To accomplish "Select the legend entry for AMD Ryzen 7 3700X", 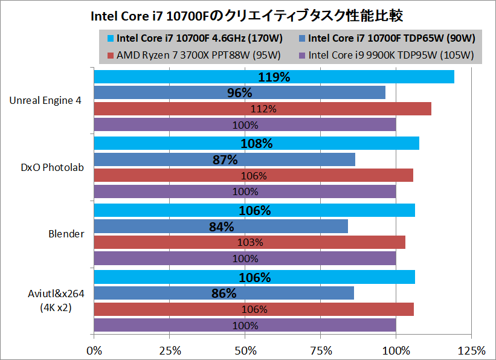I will click(x=193, y=56).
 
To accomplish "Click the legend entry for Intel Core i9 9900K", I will click(x=386, y=56).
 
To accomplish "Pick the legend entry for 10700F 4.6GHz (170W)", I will click(x=194, y=39).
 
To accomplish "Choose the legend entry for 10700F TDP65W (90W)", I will click(x=387, y=39).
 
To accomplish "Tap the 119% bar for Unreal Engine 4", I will click(x=274, y=77).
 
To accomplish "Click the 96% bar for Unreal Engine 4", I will click(x=239, y=92).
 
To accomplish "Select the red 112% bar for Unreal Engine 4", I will click(x=262, y=109).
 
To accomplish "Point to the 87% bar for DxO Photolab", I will click(x=224, y=159).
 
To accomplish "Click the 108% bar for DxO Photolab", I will click(x=256, y=143).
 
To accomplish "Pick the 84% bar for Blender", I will click(x=221, y=226).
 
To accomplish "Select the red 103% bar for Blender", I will click(x=249, y=242).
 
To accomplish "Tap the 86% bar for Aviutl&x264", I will click(x=224, y=293).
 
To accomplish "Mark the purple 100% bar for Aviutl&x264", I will click(x=245, y=325).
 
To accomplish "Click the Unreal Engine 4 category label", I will click(x=45, y=100).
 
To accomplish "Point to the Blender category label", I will click(x=67, y=234).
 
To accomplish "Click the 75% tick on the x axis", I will click(x=320, y=350).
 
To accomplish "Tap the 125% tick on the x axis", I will click(x=471, y=350).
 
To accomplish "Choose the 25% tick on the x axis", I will click(x=169, y=350).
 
